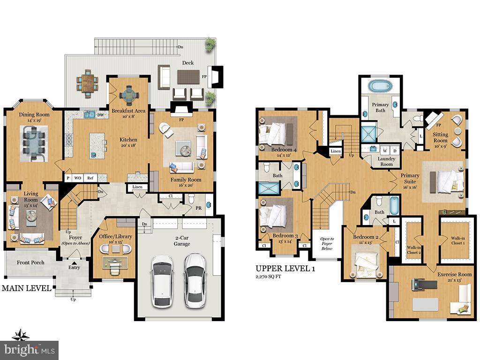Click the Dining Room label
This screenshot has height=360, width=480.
click(34, 114)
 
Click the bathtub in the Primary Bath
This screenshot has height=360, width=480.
click(381, 87)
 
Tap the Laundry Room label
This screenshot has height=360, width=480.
click(386, 161)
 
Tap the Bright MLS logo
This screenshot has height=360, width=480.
click(29, 350)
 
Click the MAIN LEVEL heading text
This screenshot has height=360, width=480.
click(26, 288)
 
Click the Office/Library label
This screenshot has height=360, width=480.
click(112, 236)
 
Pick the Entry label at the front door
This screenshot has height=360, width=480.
click(74, 268)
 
